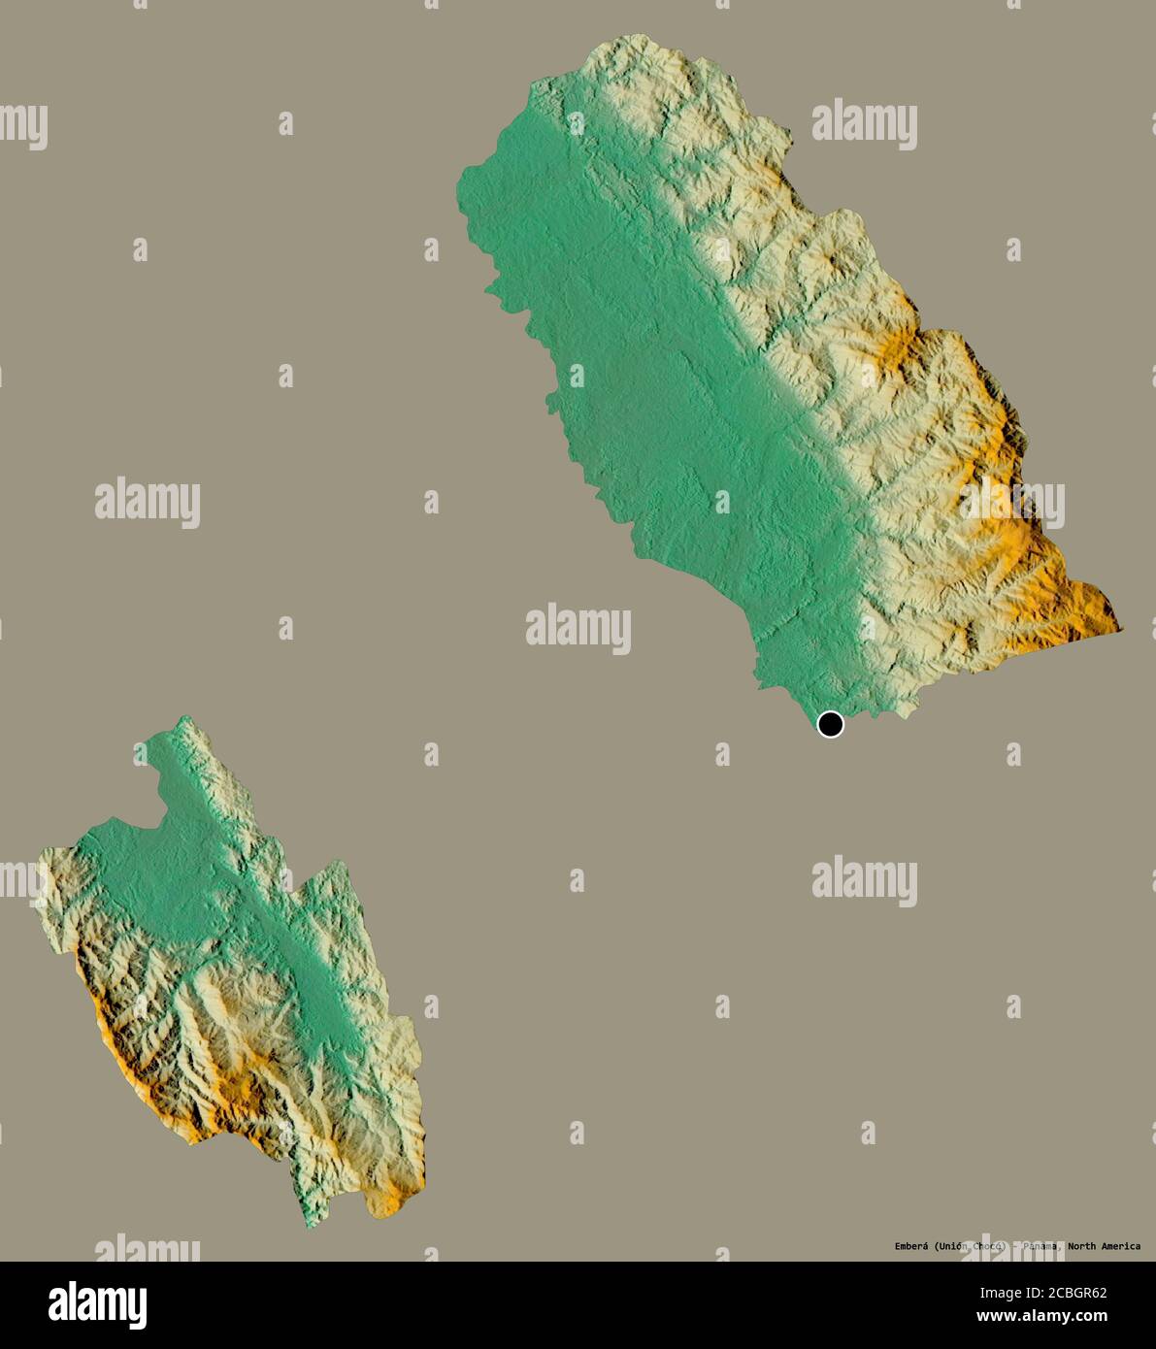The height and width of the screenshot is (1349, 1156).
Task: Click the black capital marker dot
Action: [x=830, y=724]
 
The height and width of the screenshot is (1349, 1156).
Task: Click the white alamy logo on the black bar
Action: [x=97, y=1305]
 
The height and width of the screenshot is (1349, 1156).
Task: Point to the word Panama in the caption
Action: [x=1039, y=1246]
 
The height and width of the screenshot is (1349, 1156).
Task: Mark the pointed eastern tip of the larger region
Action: [x=1121, y=630]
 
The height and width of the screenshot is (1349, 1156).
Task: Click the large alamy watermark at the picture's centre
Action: [x=578, y=628]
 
